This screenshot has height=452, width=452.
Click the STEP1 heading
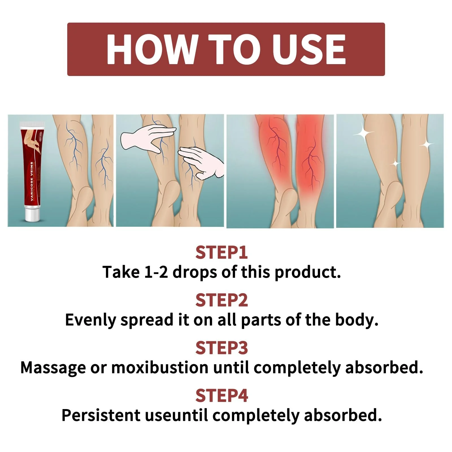[221, 253]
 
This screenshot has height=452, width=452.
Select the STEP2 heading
[221, 300]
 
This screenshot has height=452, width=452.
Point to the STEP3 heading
[221, 348]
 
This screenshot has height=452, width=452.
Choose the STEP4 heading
[221, 395]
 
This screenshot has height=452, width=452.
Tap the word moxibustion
[160, 368]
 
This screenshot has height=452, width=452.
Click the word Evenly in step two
[90, 320]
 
